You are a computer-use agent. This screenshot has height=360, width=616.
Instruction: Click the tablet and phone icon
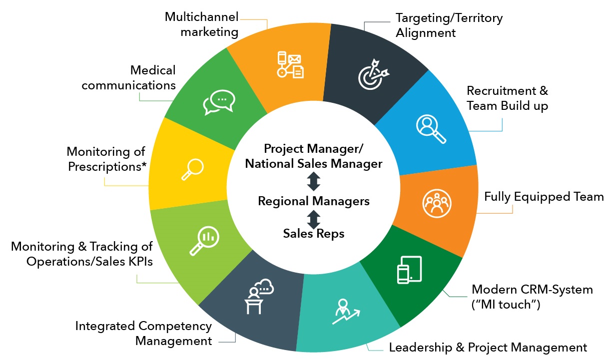click(409, 270)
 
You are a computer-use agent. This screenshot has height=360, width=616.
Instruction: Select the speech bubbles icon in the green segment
click(218, 103)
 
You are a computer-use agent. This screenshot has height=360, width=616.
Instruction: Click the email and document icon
click(290, 65)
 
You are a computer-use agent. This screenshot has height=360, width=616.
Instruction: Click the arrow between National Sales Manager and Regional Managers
click(313, 182)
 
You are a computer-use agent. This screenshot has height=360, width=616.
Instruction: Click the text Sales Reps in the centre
click(313, 233)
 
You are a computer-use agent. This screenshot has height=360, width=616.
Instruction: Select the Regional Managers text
click(313, 201)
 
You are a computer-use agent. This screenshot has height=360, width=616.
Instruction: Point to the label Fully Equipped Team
click(544, 196)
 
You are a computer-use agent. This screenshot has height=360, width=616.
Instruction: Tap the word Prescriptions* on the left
click(107, 166)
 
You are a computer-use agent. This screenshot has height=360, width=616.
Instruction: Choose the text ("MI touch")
click(506, 304)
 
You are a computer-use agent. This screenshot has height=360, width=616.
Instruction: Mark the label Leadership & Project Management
click(488, 347)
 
